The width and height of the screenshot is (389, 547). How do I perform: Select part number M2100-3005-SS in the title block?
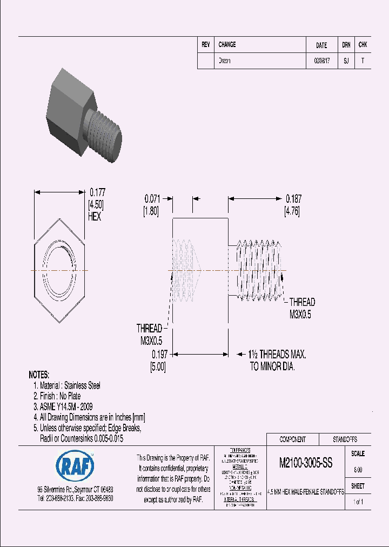point(305,463)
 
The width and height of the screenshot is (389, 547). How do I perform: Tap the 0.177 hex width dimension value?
point(97,192)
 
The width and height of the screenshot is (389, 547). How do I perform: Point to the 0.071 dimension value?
point(153,198)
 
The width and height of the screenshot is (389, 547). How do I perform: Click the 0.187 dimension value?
point(294,198)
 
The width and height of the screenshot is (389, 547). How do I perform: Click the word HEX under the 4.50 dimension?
point(95,217)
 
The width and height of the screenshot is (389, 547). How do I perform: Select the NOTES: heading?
point(39,375)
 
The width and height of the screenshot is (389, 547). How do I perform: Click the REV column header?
point(206,45)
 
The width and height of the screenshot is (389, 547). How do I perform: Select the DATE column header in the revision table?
point(321,45)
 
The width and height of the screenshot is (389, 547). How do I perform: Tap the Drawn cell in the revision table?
point(224,61)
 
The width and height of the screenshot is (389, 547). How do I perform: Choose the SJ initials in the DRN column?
point(346,61)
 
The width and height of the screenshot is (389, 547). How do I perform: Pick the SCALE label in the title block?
point(358,454)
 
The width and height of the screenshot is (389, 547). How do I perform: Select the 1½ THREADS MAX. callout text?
point(278,355)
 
